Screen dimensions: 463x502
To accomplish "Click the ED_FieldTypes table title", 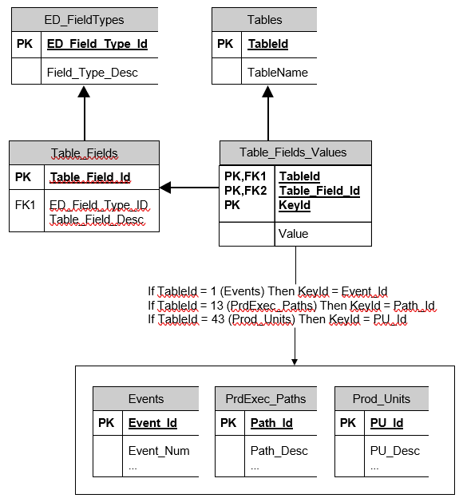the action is (x=84, y=20).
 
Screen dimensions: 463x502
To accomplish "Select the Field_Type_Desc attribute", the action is (x=93, y=73).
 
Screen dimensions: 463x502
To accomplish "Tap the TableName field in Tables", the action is (x=278, y=73).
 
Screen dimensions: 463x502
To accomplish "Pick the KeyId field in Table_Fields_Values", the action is (x=295, y=205).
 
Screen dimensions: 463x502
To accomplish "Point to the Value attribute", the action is (x=293, y=234).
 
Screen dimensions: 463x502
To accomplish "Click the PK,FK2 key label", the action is (x=245, y=191).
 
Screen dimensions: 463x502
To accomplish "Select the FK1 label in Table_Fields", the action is (x=25, y=205).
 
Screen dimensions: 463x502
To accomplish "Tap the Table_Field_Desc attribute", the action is (x=97, y=219).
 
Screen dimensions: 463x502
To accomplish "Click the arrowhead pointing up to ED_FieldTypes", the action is (x=84, y=92).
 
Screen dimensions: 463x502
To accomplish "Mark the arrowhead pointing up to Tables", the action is (x=267, y=92).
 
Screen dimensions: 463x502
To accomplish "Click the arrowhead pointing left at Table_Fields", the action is (x=165, y=188).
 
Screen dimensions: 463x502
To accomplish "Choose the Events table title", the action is (x=146, y=399).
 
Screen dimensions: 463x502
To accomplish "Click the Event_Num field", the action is (x=159, y=451).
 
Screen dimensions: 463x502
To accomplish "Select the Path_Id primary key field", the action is (x=271, y=423).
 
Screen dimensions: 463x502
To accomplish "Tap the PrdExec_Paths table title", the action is (x=266, y=399).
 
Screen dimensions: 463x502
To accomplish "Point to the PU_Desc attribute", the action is (x=395, y=451).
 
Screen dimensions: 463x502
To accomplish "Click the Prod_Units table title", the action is (x=382, y=399).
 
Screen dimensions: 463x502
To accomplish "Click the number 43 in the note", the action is (x=218, y=319).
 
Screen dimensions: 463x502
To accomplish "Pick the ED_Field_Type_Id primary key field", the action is (x=97, y=44).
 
